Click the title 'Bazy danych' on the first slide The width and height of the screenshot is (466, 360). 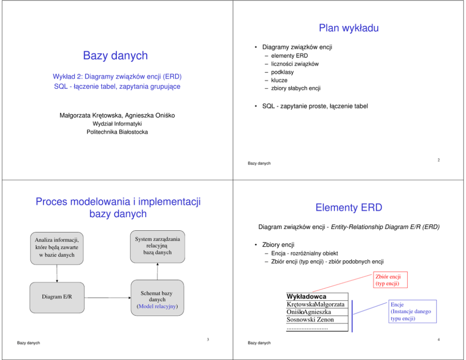point(115,55)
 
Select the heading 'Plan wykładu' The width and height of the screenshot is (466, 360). point(349,28)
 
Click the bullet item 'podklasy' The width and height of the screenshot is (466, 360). point(282,72)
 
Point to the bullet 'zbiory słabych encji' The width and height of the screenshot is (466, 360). point(295,88)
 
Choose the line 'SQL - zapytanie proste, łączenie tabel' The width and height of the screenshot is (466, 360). point(315,106)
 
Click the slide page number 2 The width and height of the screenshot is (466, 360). point(438,160)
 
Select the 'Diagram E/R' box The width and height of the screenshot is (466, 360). point(57,297)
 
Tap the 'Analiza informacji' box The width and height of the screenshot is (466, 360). point(57,247)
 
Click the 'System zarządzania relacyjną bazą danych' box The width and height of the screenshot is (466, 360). point(157,246)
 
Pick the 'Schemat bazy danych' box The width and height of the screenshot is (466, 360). point(157,298)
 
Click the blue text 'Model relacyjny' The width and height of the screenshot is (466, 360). point(157,306)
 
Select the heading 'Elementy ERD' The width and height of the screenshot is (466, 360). point(349,207)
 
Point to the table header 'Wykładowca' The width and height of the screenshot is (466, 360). point(306,297)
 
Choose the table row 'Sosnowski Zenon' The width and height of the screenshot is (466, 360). point(310,320)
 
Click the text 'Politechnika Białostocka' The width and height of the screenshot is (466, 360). point(117,132)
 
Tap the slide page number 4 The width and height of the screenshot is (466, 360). point(438,339)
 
